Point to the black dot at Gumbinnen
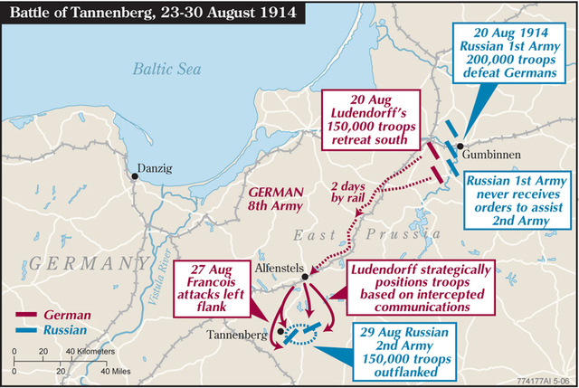pos(460,147)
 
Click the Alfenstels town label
pos(279,269)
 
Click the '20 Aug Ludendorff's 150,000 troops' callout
pos(375,118)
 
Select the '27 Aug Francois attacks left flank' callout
pos(221,289)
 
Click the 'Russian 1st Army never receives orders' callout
pos(515,200)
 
